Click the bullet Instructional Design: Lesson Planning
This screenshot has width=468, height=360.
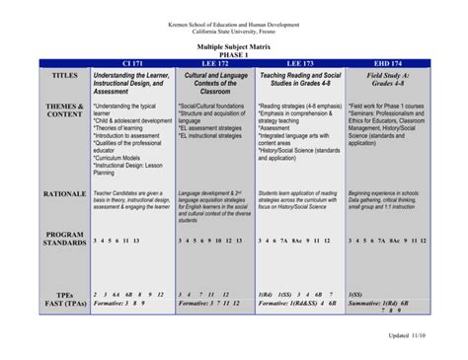pos(123,169)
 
